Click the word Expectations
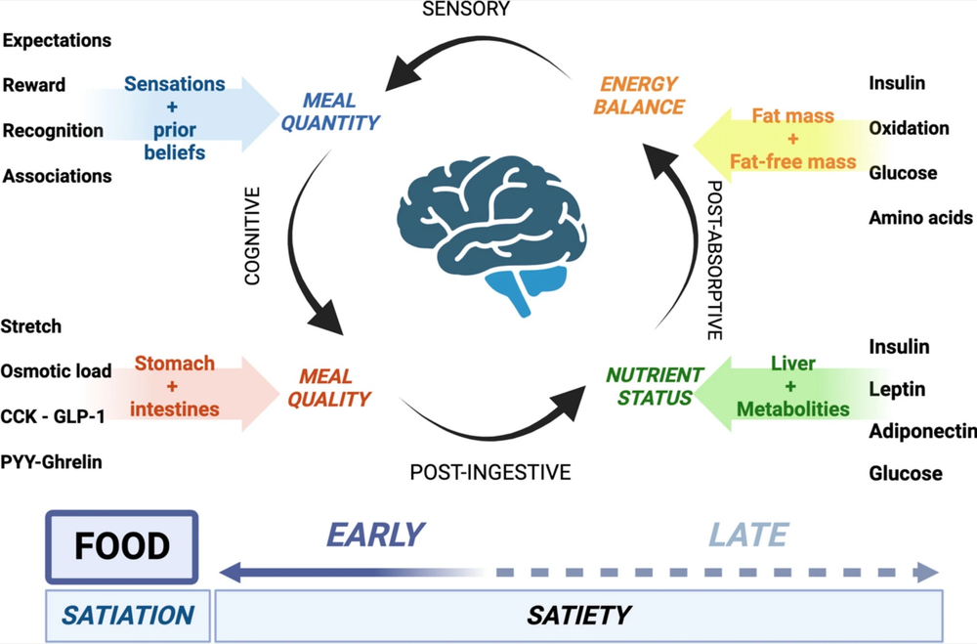click(x=57, y=40)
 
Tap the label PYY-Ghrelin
click(x=51, y=461)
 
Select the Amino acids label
click(x=920, y=218)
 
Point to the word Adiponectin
click(x=921, y=432)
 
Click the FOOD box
click(x=122, y=546)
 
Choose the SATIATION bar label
click(x=128, y=616)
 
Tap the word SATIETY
click(x=578, y=616)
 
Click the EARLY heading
click(x=375, y=536)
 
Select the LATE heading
click(x=748, y=536)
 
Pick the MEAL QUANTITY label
click(x=341, y=112)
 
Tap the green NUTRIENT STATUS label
click(x=654, y=386)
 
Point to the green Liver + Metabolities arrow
click(x=791, y=386)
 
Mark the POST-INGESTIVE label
click(x=490, y=473)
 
